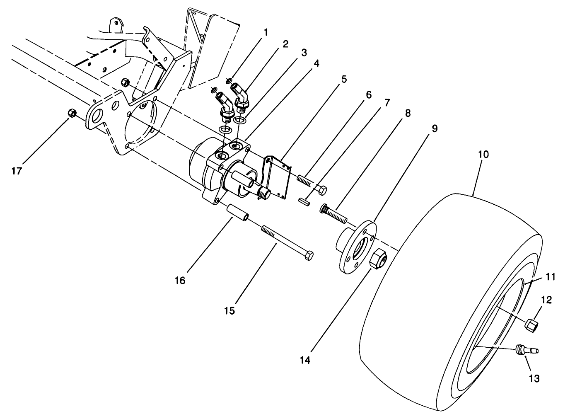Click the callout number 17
pyautogui.click(x=16, y=171)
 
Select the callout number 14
pyautogui.click(x=305, y=360)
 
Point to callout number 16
pyautogui.click(x=180, y=281)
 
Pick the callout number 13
pyautogui.click(x=534, y=378)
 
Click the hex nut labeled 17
pyautogui.click(x=71, y=112)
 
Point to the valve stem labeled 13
pyautogui.click(x=526, y=350)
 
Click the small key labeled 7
pyautogui.click(x=305, y=201)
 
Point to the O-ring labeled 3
pyautogui.click(x=240, y=120)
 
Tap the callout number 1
pyautogui.click(x=265, y=32)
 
